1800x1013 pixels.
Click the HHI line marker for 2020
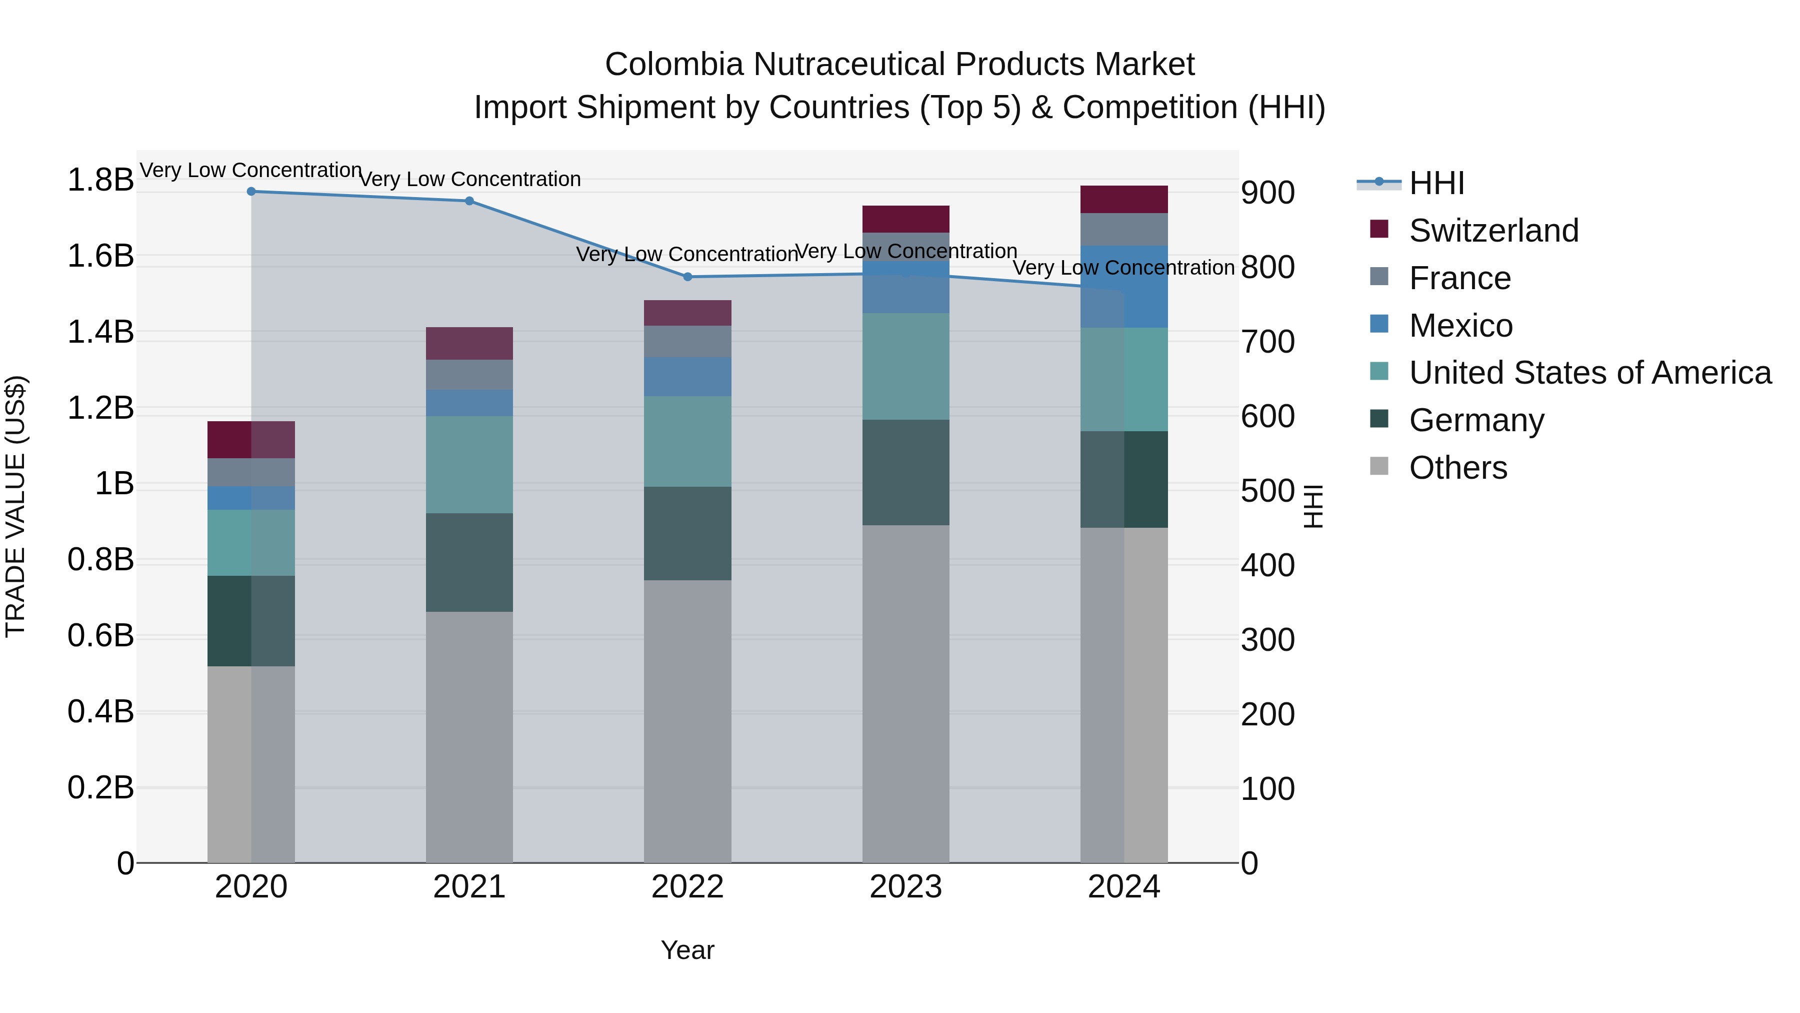251,192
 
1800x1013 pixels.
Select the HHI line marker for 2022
687,277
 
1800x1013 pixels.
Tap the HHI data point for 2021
469,201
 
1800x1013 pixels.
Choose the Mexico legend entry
1460,326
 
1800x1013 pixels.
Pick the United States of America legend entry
1589,373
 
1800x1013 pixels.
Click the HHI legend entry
1436,183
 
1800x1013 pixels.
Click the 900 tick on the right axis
1267,193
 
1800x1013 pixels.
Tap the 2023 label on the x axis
905,887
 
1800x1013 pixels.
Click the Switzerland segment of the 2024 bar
1123,199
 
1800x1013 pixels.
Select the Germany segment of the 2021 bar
469,563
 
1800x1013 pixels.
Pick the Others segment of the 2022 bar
687,720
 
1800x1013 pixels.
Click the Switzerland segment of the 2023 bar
905,219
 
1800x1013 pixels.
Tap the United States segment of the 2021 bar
469,465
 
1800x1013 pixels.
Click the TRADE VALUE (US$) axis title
15,506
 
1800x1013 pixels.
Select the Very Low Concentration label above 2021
469,180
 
